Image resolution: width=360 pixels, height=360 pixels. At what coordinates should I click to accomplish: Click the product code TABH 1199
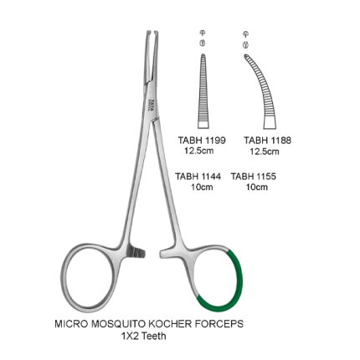[x=202, y=140]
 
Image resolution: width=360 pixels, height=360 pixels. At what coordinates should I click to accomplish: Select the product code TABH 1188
[x=268, y=140]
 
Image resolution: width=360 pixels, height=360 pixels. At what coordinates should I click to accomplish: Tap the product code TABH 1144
[x=198, y=177]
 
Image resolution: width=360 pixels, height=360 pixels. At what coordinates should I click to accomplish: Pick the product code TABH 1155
[x=254, y=177]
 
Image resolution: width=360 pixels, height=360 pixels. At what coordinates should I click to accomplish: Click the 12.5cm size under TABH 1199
[x=198, y=151]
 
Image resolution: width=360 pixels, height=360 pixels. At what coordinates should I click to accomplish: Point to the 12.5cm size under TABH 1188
[x=265, y=152]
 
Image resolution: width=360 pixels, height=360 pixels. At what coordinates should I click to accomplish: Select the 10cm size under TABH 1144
[x=202, y=187]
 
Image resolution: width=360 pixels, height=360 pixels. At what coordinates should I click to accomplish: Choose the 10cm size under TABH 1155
[x=257, y=187]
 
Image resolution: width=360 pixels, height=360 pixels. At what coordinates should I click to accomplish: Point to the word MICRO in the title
[x=72, y=324]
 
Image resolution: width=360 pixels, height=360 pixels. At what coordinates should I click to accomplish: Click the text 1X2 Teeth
[x=143, y=336]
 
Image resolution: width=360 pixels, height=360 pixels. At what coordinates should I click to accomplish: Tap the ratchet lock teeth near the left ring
[x=137, y=251]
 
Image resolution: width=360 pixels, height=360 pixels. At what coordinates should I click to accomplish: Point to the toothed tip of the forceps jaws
[x=152, y=33]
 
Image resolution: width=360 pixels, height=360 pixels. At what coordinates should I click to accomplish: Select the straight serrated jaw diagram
[x=203, y=91]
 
